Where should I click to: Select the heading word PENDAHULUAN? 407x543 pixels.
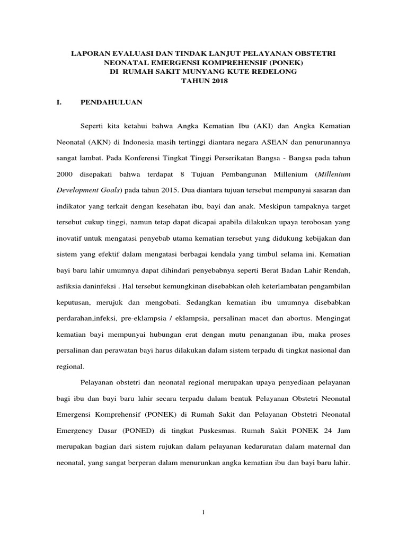pos(111,102)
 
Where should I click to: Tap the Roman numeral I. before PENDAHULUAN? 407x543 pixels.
pos(59,102)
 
